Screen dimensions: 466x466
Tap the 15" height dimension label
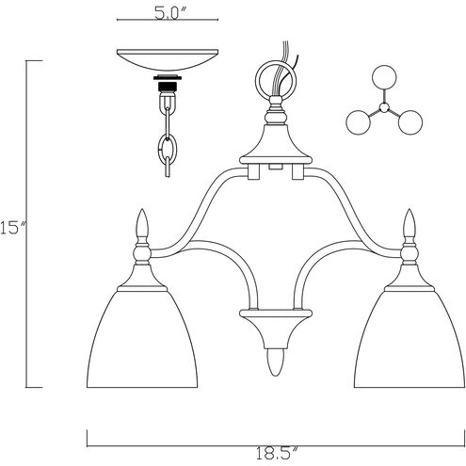tap(10, 228)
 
